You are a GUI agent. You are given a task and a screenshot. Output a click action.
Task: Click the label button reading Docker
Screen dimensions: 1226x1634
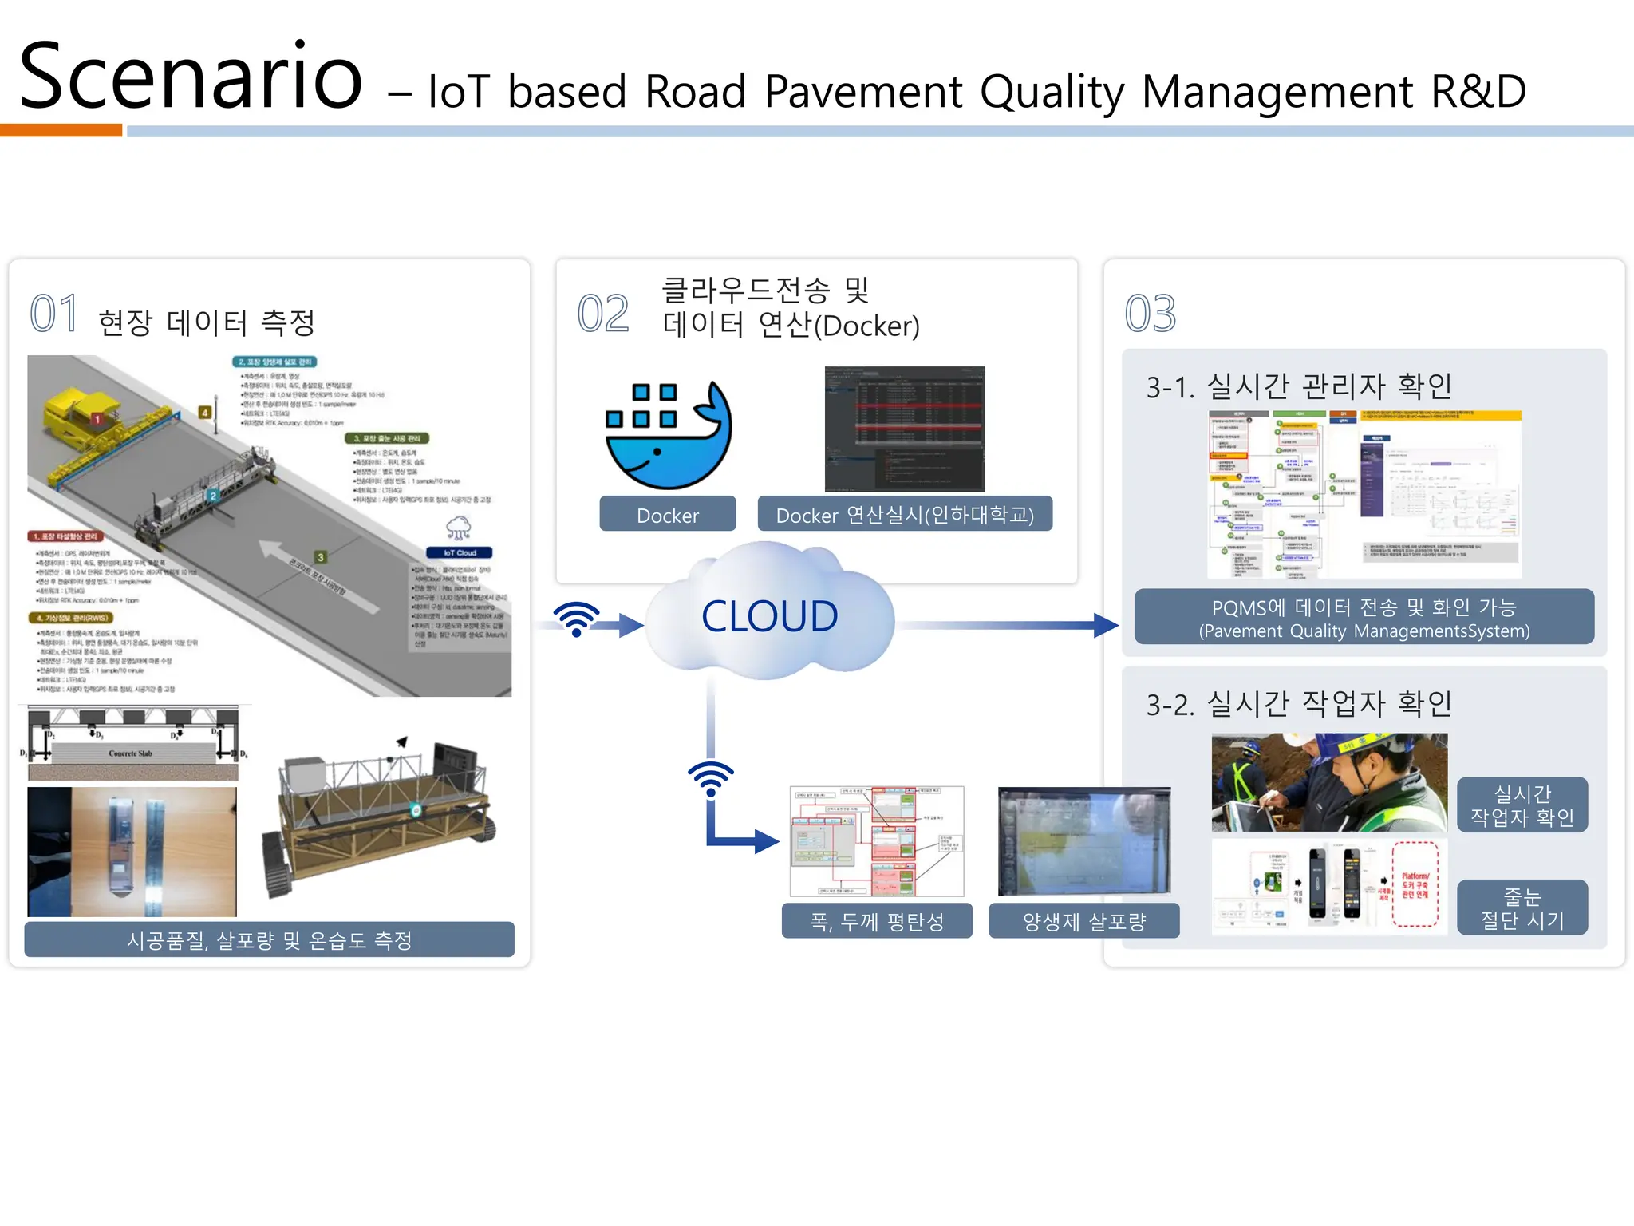point(667,515)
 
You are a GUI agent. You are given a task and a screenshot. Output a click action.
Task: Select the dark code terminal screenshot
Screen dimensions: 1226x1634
point(904,429)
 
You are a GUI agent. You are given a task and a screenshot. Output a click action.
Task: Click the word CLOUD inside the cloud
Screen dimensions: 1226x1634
point(769,616)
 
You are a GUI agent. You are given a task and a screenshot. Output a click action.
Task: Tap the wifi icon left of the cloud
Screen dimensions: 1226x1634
point(576,619)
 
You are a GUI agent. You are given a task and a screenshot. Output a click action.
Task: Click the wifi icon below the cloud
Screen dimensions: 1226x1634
point(710,778)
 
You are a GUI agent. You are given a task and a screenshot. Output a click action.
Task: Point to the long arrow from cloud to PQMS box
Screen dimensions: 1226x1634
point(1005,625)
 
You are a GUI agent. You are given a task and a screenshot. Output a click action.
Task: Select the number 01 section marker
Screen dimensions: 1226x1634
point(53,314)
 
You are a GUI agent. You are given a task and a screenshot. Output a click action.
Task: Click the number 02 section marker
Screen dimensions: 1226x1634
point(602,314)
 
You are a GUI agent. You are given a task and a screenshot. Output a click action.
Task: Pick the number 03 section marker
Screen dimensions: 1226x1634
point(1150,314)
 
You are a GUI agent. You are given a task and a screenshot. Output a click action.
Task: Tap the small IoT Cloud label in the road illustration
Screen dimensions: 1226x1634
point(459,552)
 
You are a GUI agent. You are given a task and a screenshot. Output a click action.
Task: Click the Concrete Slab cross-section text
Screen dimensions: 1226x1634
point(130,753)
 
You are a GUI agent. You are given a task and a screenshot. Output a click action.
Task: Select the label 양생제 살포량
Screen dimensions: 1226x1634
point(1083,922)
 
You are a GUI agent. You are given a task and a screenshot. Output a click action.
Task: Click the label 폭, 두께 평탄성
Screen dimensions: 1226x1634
point(876,922)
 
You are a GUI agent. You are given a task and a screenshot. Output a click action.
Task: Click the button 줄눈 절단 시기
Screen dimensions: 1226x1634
point(1522,908)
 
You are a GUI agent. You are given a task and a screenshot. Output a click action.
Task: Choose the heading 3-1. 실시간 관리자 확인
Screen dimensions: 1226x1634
point(1298,386)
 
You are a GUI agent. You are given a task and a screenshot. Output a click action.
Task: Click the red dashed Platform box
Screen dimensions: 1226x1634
point(1415,884)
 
